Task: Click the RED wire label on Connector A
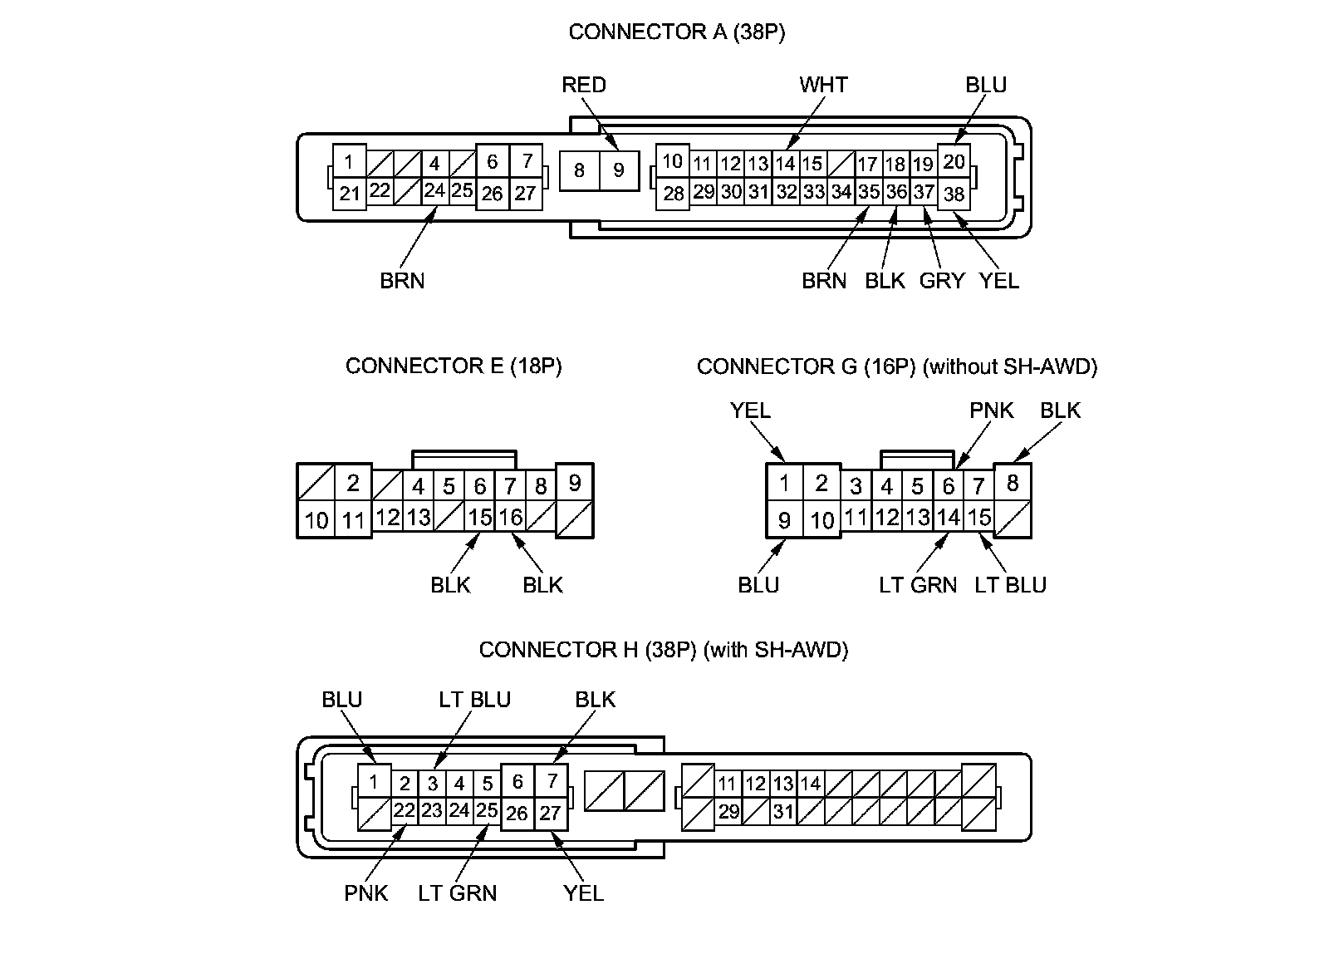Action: point(584,85)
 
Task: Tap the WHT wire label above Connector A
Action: point(823,85)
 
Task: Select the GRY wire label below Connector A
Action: point(941,281)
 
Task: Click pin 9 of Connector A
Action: point(619,170)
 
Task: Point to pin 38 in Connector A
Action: point(954,194)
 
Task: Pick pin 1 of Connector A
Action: point(350,161)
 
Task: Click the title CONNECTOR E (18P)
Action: point(454,366)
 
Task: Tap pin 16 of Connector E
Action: point(510,517)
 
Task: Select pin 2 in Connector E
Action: point(353,483)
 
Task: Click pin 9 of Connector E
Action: point(574,482)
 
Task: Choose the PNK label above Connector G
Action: point(992,411)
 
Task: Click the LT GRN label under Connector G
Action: point(918,585)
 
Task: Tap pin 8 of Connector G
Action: point(1012,482)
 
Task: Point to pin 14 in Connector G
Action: point(949,517)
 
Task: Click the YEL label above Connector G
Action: point(750,411)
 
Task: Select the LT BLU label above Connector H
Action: point(474,700)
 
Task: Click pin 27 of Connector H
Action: point(551,812)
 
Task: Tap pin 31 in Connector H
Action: point(783,811)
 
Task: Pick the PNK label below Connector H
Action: point(366,893)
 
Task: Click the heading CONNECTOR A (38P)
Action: point(676,32)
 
